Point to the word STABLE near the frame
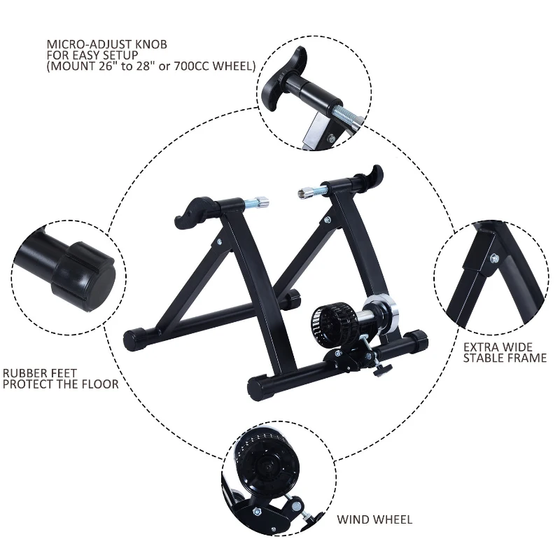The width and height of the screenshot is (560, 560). pos(483,358)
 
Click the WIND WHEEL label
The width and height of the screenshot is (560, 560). pos(374,519)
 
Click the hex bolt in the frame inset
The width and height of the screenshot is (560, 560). pos(494,259)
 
